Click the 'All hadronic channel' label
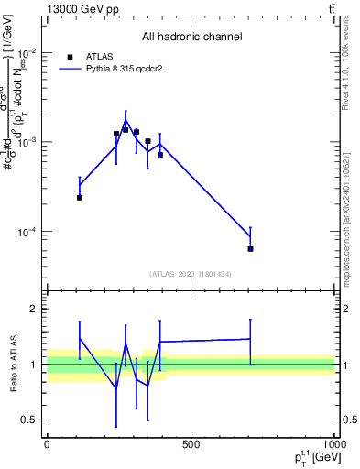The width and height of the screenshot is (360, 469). click(x=191, y=37)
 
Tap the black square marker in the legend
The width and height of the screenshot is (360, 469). click(x=67, y=56)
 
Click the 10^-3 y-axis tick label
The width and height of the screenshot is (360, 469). click(x=27, y=142)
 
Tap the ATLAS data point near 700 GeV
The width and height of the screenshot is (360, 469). click(x=250, y=249)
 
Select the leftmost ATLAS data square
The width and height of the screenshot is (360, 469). click(x=80, y=197)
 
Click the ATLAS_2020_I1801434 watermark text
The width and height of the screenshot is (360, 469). click(x=191, y=274)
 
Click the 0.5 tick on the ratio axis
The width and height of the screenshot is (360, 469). click(x=30, y=420)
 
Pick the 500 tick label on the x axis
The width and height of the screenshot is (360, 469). click(x=191, y=444)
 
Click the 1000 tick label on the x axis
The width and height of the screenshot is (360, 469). click(x=333, y=444)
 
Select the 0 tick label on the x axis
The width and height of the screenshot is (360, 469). click(x=47, y=444)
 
